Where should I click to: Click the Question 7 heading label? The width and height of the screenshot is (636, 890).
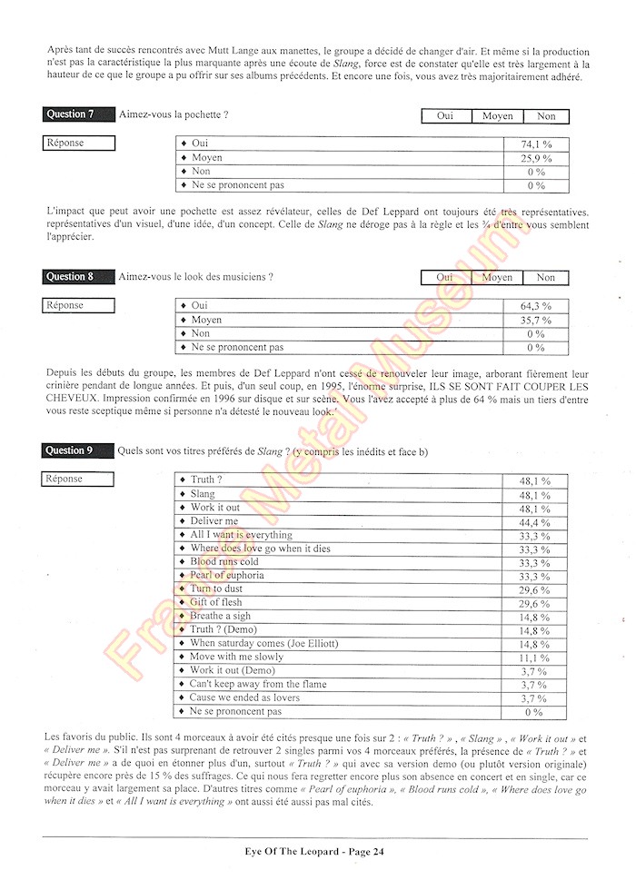70,114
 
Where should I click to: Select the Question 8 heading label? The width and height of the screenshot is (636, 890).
70,277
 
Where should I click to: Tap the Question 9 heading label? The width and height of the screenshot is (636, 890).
70,450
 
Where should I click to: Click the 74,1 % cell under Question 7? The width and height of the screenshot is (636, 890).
537,144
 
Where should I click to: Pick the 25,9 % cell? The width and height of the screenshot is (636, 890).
537,158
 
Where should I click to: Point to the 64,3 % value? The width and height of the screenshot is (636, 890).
535,306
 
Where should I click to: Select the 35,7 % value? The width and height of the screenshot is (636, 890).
535,320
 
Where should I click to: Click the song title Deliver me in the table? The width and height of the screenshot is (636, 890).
214,521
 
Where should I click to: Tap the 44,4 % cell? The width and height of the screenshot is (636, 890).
534,522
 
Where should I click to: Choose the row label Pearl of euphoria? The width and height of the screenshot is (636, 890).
227,575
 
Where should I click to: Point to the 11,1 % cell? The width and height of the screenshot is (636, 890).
534,658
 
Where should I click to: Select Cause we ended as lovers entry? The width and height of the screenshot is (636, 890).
245,697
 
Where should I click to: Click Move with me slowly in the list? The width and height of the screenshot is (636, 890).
236,657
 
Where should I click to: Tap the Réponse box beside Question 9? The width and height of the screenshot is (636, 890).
79,479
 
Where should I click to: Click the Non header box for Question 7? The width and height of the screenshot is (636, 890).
546,116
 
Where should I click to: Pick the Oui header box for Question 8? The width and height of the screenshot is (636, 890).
445,278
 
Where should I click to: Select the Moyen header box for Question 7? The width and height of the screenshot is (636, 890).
497,116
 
